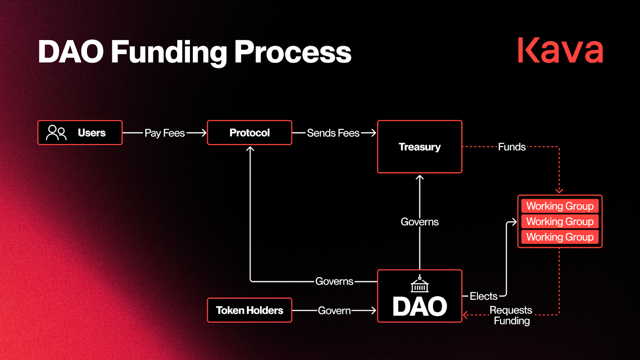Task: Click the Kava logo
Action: coord(560,50)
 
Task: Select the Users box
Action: coord(80,132)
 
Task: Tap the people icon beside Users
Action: coord(56,132)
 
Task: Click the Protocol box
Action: coord(250,132)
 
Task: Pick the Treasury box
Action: coord(420,147)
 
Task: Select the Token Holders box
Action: coord(250,310)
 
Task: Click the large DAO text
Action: coord(420,307)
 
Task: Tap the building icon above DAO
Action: coord(420,284)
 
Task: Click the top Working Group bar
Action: coord(560,206)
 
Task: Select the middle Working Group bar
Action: coord(560,222)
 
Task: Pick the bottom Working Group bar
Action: coord(560,237)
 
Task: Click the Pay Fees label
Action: coord(164,133)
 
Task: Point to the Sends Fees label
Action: coord(333,133)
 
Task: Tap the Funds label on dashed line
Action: coord(512,147)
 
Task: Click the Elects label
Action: coord(483,296)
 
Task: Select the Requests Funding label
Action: coord(511,315)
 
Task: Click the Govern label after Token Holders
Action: coord(334,310)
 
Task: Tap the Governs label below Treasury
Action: coord(420,222)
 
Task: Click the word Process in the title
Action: coord(292,52)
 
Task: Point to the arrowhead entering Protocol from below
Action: coord(250,149)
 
